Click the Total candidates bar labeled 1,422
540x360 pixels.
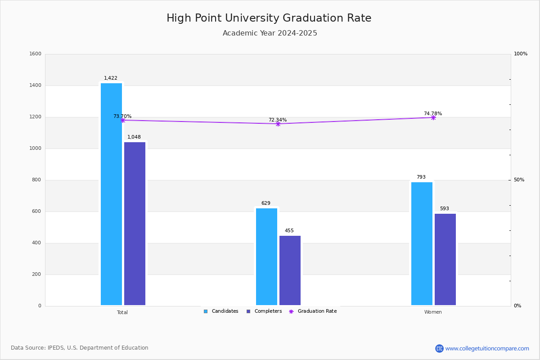tap(111, 194)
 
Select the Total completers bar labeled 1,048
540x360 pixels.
tap(135, 224)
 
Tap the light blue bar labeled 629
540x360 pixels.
tap(266, 256)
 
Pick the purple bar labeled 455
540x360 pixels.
tap(290, 270)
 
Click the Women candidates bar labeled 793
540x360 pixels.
tap(422, 243)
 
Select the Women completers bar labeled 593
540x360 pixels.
tap(445, 259)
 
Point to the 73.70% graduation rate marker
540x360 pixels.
tap(123, 120)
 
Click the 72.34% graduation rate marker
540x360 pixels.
tap(278, 124)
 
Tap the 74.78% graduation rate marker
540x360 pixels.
tap(433, 117)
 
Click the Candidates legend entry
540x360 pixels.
tap(221, 311)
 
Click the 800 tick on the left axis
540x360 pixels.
tap(36, 180)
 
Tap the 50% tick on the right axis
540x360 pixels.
tap(519, 180)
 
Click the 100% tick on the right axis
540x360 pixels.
tap(521, 54)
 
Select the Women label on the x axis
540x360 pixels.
tap(433, 312)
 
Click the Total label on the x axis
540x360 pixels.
tap(122, 312)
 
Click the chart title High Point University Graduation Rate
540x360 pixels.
tap(269, 18)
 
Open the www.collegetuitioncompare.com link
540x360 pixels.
tap(487, 348)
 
